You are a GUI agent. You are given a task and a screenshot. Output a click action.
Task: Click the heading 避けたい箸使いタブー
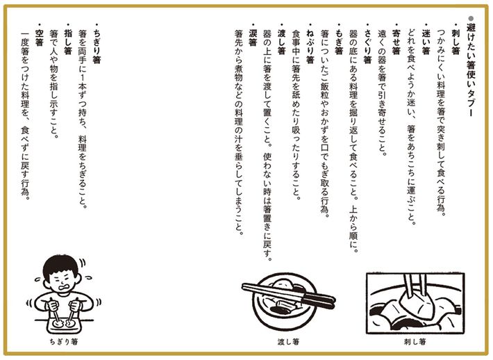point(471,70)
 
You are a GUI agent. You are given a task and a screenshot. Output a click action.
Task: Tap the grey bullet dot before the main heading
point(471,18)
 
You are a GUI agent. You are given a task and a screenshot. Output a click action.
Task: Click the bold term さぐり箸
point(367,47)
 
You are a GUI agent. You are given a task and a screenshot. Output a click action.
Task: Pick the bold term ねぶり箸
point(310,47)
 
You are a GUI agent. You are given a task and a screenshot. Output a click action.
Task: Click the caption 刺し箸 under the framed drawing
point(415,341)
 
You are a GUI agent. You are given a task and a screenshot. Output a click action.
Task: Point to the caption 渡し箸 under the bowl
point(288,341)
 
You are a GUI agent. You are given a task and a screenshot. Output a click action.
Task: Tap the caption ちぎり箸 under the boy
point(64,341)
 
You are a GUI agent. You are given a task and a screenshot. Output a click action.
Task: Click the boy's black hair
point(60,267)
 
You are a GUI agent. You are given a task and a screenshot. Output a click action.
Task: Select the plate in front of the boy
point(64,324)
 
